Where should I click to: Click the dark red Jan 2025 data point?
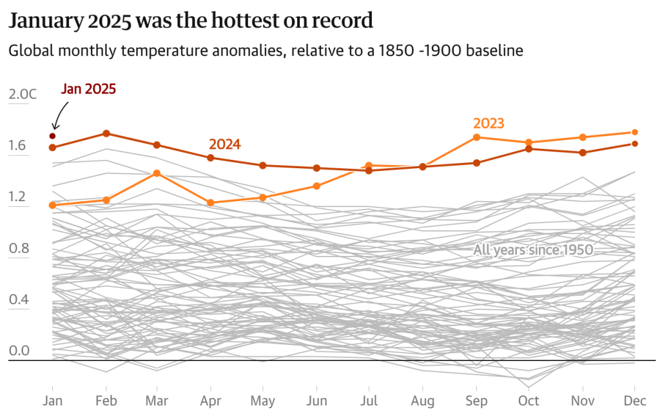(x=52, y=136)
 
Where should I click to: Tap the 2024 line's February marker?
(x=106, y=133)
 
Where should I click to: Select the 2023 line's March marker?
(x=157, y=173)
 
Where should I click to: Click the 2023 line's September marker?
(x=476, y=137)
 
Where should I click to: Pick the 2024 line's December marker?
(x=635, y=144)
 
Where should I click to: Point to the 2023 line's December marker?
(x=635, y=132)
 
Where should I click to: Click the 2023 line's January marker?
(x=52, y=205)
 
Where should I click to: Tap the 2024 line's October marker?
(x=529, y=149)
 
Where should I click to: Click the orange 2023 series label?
(x=488, y=123)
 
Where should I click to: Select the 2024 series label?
(x=224, y=144)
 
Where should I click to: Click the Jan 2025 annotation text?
(x=88, y=89)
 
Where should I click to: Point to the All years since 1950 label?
(x=533, y=250)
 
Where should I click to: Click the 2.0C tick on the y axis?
(x=23, y=95)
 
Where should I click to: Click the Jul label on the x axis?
(x=369, y=400)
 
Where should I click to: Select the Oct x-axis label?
(x=529, y=400)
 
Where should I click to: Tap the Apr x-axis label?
(x=210, y=400)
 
